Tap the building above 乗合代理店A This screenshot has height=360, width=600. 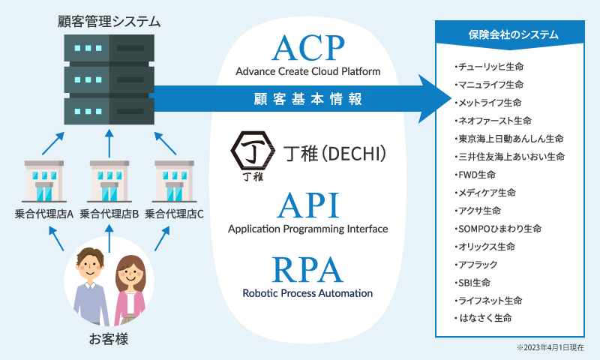tap(44, 180)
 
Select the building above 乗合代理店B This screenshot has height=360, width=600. tap(109, 180)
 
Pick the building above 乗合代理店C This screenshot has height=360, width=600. tap(175, 180)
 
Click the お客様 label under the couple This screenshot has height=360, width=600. tap(109, 339)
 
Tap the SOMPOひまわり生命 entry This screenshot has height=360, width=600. tap(498, 228)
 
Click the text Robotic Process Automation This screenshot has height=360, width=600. tap(307, 293)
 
